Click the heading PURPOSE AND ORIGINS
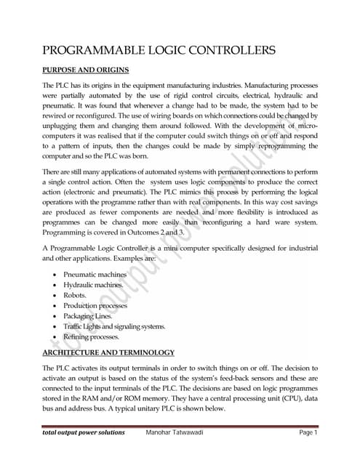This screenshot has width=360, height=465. point(86,70)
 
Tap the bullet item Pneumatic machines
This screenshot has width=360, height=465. point(95,275)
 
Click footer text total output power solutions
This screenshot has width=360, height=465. point(84,432)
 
